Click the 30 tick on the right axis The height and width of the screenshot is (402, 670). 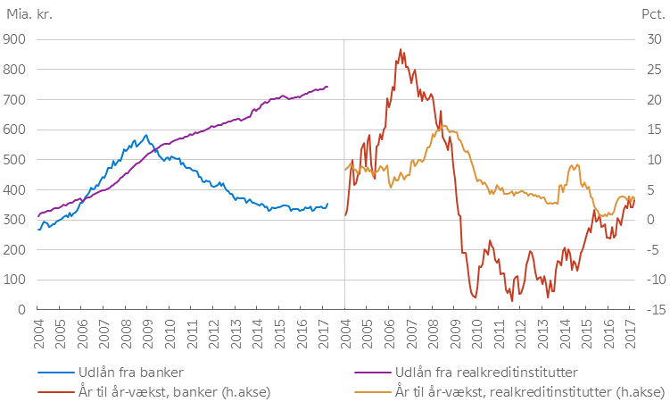coord(648,38)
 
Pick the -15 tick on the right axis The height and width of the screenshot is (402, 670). coord(649,309)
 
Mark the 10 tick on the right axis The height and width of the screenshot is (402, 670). coord(648,159)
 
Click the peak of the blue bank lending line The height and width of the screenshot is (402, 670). coord(145,135)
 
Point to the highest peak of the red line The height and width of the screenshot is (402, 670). coord(401,50)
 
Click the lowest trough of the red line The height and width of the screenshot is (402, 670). coord(512,300)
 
